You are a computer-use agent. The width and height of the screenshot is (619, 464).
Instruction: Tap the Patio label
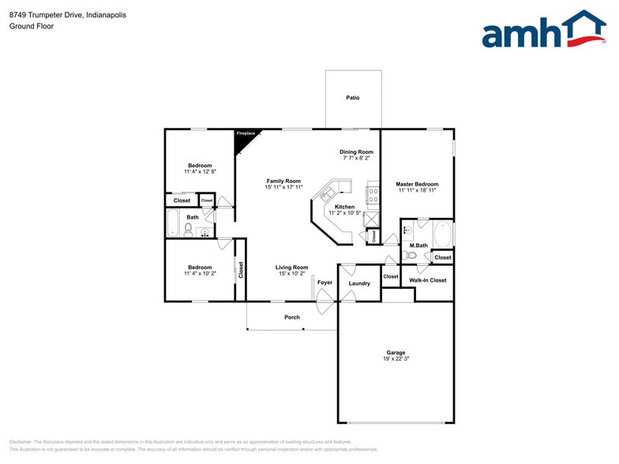pyautogui.click(x=353, y=98)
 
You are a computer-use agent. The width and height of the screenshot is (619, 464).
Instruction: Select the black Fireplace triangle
pyautogui.click(x=245, y=137)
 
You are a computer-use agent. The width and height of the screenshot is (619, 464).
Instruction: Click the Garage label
pyautogui.click(x=396, y=352)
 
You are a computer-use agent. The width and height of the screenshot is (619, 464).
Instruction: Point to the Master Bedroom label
pyautogui.click(x=417, y=184)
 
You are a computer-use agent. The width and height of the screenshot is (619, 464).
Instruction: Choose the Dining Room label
pyautogui.click(x=356, y=152)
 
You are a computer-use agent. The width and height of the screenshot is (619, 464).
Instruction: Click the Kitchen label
pyautogui.click(x=344, y=207)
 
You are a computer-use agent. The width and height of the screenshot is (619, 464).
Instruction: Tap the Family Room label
pyautogui.click(x=283, y=181)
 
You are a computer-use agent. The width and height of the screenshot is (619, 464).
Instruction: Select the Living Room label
pyautogui.click(x=291, y=268)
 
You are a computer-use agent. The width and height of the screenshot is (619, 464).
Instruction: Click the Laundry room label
pyautogui.click(x=359, y=283)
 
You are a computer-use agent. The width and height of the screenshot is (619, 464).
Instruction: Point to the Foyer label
pyautogui.click(x=325, y=282)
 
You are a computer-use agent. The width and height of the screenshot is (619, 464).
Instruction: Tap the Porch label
pyautogui.click(x=292, y=317)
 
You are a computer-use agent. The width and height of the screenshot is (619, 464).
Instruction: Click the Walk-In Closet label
pyautogui.click(x=427, y=280)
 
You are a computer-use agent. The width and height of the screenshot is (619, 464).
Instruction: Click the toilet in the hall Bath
pyautogui.click(x=189, y=230)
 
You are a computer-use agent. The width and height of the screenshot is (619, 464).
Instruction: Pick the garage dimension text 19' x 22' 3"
pyautogui.click(x=396, y=359)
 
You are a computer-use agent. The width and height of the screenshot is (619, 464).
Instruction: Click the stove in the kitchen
pyautogui.click(x=373, y=193)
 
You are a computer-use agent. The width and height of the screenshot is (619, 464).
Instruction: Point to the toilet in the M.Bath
pyautogui.click(x=411, y=255)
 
